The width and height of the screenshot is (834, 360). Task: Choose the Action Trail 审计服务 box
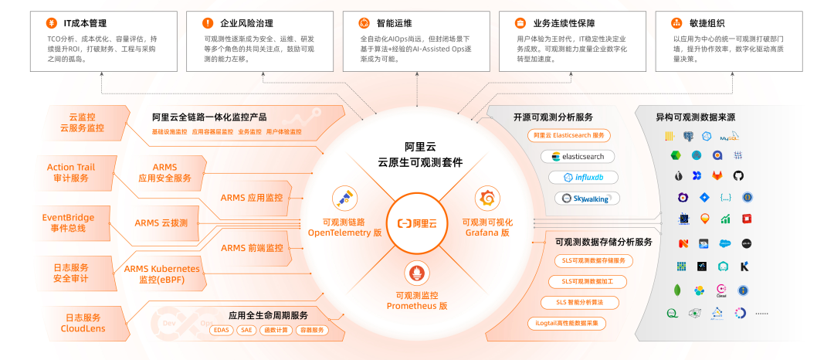(70, 173)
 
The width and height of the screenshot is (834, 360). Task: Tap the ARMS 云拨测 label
(161, 223)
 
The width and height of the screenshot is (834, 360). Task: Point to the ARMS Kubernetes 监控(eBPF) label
(161, 274)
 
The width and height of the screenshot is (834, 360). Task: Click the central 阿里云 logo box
(417, 224)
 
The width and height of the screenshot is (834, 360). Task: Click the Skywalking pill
(586, 199)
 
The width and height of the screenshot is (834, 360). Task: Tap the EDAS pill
(221, 330)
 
